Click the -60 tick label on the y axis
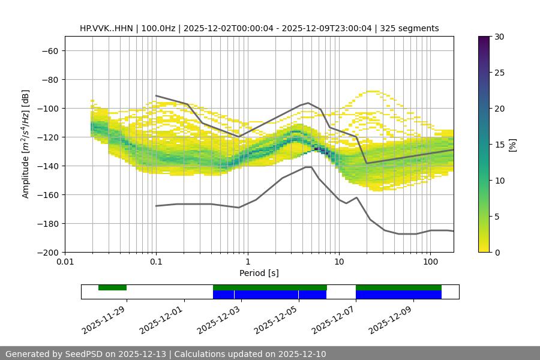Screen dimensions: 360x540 (49, 50)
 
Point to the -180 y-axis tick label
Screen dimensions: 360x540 (46, 223)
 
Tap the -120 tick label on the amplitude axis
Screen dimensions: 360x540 (46, 137)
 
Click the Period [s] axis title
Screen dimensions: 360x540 (259, 274)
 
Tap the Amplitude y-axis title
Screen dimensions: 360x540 (25, 144)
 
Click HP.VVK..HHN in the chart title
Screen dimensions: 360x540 (106, 28)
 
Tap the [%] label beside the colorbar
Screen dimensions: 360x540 (512, 145)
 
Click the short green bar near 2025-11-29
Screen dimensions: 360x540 (112, 287)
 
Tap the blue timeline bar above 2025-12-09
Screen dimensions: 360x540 (398, 295)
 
